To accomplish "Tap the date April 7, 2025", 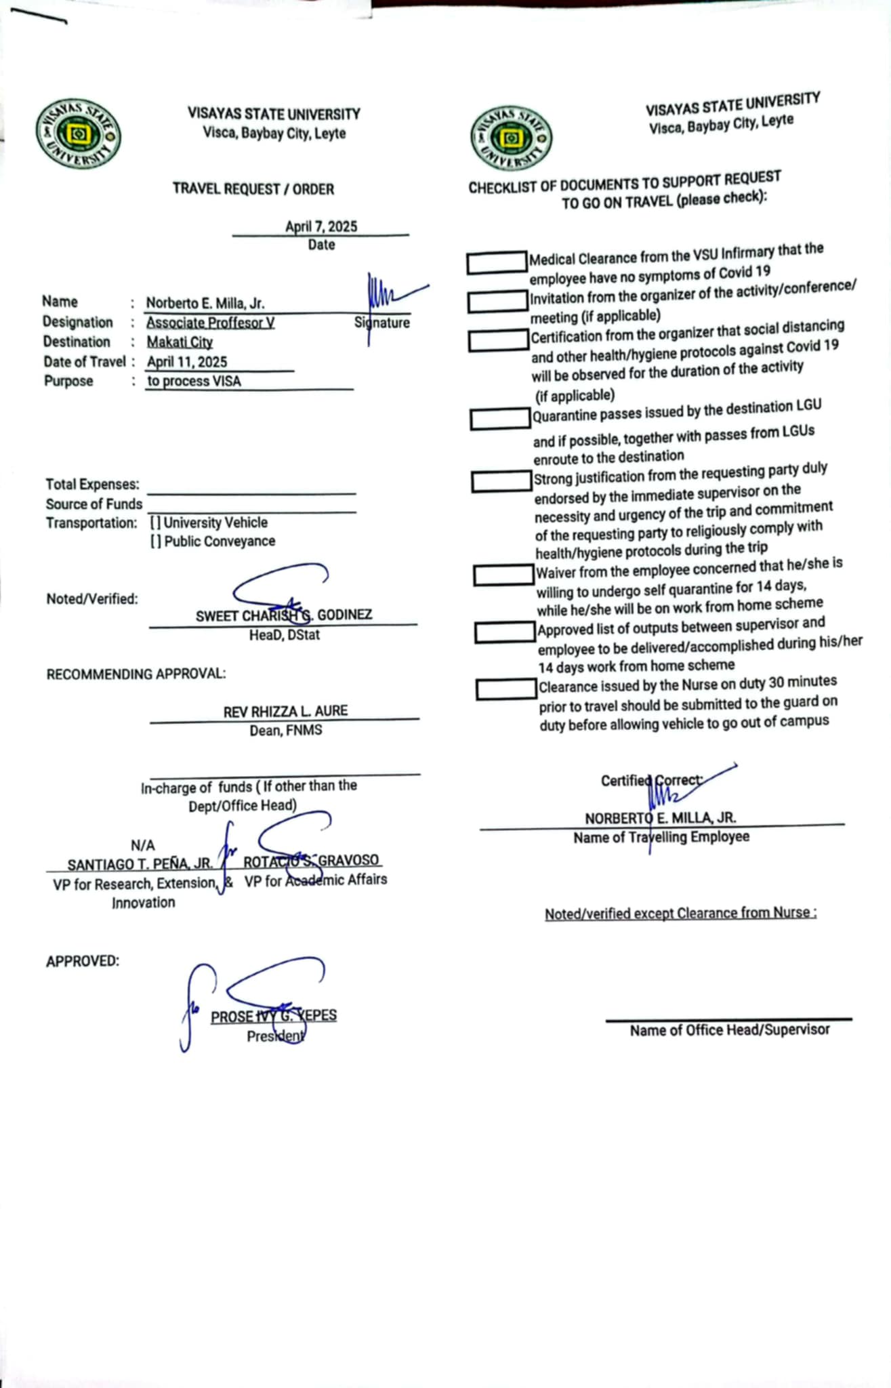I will (x=321, y=226).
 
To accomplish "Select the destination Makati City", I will (x=180, y=342).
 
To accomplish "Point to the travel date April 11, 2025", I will (x=187, y=362).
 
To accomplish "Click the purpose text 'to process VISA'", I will (x=194, y=381).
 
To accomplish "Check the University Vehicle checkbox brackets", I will (x=156, y=523).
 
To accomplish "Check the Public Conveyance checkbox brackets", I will (x=156, y=542).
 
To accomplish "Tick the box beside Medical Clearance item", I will (x=497, y=262).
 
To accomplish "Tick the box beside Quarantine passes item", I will (x=500, y=419).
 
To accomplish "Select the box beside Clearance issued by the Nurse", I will (x=506, y=689).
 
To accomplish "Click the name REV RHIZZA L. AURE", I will (x=285, y=712).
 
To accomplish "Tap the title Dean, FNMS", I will (x=286, y=731).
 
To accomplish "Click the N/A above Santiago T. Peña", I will (x=143, y=845).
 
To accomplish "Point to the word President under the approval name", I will (x=275, y=1036).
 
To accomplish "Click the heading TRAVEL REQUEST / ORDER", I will (x=253, y=189).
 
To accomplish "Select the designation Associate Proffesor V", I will (x=211, y=323).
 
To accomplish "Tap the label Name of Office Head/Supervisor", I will (x=730, y=1030).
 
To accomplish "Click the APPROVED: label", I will (x=83, y=961).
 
